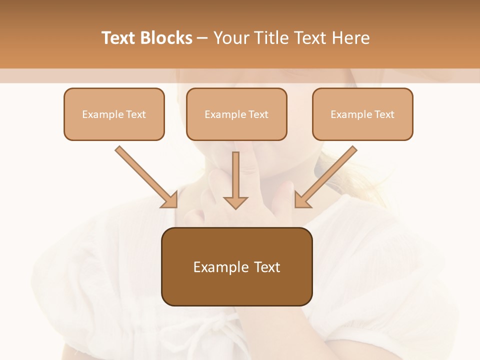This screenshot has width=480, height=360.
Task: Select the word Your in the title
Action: (x=230, y=38)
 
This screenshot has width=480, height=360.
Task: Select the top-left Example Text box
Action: (x=114, y=114)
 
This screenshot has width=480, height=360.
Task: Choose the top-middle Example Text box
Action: (x=236, y=114)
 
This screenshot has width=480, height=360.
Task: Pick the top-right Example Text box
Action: (x=362, y=114)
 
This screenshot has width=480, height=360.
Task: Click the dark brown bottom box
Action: (x=236, y=266)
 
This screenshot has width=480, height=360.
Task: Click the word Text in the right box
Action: (x=384, y=114)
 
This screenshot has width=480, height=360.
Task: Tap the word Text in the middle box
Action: (x=258, y=114)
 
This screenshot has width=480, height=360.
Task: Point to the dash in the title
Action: (x=202, y=38)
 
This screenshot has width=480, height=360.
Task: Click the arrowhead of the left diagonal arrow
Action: (x=170, y=200)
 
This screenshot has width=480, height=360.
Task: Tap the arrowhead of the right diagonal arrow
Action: (x=302, y=200)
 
